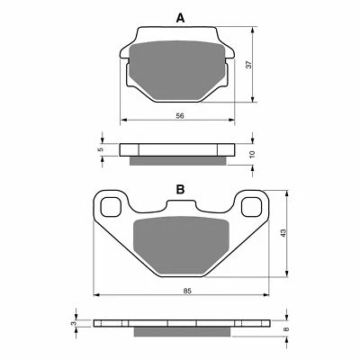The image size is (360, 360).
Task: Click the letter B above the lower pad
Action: click(180, 189)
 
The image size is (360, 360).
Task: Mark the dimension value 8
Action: click(287, 330)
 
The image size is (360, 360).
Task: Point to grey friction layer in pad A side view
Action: click(177, 161)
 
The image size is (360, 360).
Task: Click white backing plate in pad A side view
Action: click(177, 148)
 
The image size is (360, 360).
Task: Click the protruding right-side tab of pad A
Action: click(230, 57)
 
